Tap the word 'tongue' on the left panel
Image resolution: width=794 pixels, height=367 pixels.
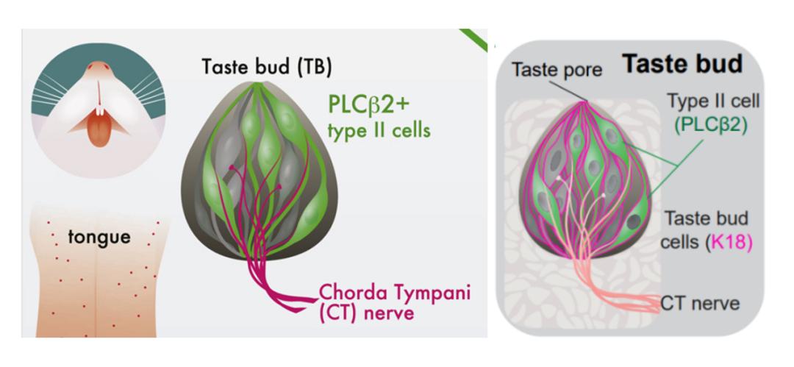(x=99, y=237)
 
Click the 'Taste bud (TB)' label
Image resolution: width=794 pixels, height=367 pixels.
(x=268, y=67)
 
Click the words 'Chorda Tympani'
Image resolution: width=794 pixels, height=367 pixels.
(x=394, y=292)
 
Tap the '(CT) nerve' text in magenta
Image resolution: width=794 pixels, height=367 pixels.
(x=366, y=313)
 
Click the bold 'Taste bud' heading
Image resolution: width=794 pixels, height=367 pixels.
(x=682, y=64)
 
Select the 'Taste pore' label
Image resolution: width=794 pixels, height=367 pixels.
(x=557, y=70)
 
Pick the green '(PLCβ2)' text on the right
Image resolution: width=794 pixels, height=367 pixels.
(x=711, y=124)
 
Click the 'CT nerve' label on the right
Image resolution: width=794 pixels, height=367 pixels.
(x=700, y=302)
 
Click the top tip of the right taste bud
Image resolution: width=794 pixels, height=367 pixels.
(x=586, y=101)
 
